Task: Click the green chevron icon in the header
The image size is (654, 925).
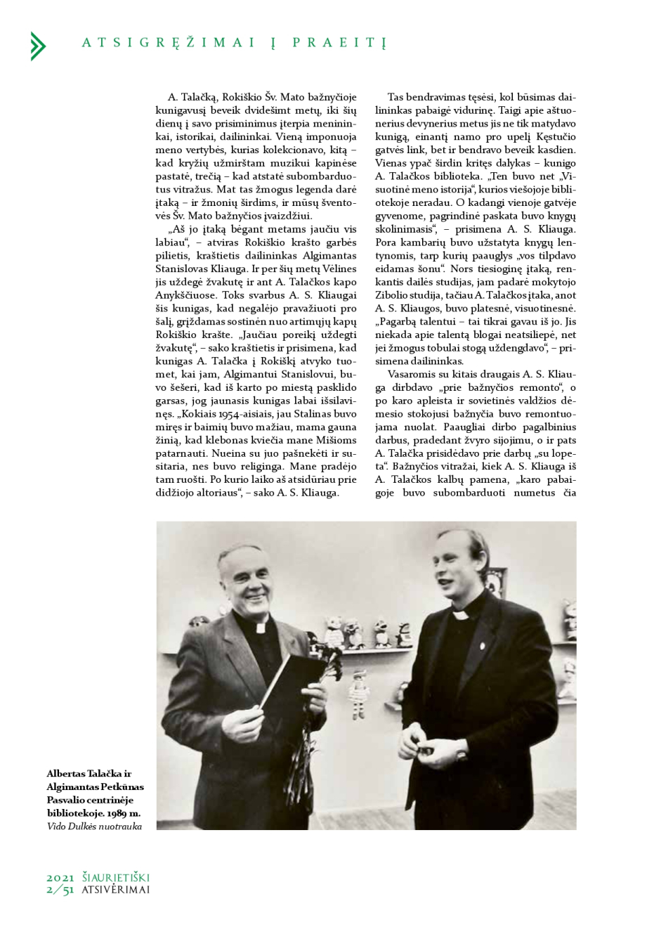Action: pos(38,46)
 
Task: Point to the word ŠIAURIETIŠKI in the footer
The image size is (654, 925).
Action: pos(115,878)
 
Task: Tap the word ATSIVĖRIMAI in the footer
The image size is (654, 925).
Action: pos(115,890)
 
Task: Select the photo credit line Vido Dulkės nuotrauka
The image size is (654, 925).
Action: pos(94,827)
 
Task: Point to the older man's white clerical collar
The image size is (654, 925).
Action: pos(260,624)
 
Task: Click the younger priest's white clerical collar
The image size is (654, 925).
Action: pos(462,613)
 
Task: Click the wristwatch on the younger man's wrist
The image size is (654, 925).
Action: pos(462,755)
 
